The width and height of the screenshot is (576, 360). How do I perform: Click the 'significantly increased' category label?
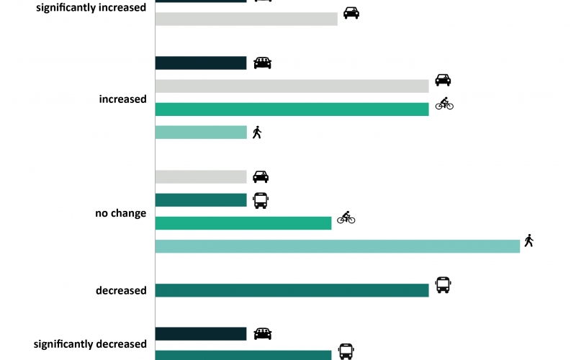tap(91, 7)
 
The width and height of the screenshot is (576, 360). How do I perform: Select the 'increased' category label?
tap(122, 99)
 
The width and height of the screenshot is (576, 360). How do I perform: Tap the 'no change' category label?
tap(120, 213)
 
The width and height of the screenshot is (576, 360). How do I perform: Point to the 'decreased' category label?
tap(121, 291)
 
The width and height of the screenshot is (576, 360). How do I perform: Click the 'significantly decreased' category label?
tap(90, 344)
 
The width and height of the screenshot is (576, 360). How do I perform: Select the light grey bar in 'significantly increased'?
tap(246, 19)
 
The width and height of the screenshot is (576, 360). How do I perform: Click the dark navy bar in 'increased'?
tap(201, 63)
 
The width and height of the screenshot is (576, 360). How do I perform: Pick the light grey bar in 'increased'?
tap(292, 86)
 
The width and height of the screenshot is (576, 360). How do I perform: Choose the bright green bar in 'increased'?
tap(292, 109)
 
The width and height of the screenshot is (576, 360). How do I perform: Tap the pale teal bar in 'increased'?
tap(201, 132)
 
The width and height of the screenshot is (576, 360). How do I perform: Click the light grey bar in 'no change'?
tap(201, 176)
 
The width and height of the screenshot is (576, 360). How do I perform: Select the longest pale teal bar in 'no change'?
tap(338, 246)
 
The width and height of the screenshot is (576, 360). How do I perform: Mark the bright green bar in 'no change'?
tap(243, 223)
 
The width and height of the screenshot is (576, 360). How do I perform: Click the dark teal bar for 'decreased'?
tap(292, 291)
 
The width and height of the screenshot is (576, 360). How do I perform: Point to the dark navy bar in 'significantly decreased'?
tap(201, 334)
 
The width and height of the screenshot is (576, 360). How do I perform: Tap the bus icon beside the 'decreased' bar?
tap(443, 285)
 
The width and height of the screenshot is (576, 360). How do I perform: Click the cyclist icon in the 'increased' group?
tap(444, 104)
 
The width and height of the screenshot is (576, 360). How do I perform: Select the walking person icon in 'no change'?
tap(529, 240)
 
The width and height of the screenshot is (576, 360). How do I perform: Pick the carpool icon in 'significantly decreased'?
tap(263, 334)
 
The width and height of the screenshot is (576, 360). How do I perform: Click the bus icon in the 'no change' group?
tap(261, 201)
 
